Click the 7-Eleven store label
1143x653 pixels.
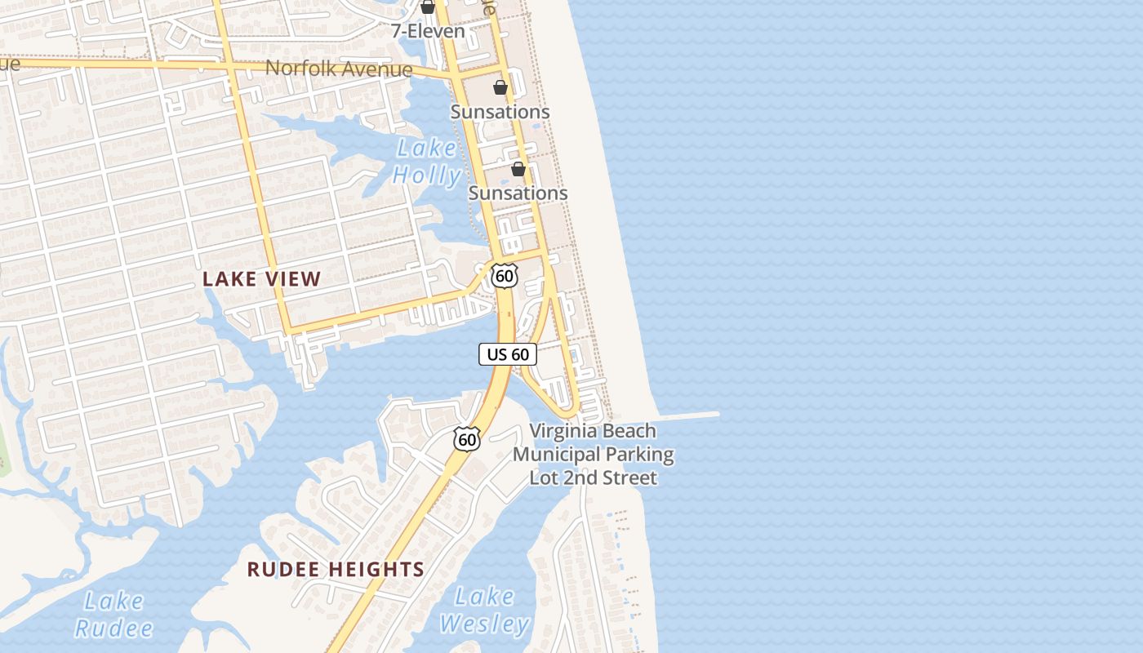pos(428,32)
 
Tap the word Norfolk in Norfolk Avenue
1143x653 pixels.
pos(300,68)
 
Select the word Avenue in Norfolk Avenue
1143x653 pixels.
pos(376,69)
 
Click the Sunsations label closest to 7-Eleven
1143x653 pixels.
pos(500,111)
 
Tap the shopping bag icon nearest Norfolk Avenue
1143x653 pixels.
pos(500,87)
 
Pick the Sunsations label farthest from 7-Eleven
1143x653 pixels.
pos(518,193)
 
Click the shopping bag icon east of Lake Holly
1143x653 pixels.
pos(518,169)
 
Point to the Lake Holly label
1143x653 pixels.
pos(426,162)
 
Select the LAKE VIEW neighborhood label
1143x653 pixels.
pos(261,279)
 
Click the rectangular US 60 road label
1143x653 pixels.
pos(508,354)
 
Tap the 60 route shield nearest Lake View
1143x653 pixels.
pos(505,276)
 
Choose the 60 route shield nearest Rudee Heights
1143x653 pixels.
pos(467,440)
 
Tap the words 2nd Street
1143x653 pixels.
pos(620,478)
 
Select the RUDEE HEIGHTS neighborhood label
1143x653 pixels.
pos(336,570)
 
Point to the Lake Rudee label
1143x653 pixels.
pos(113,615)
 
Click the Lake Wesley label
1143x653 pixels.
pos(485,611)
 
